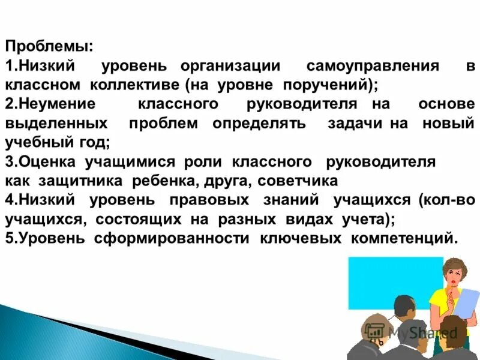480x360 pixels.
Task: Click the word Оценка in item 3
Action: click(46, 161)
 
